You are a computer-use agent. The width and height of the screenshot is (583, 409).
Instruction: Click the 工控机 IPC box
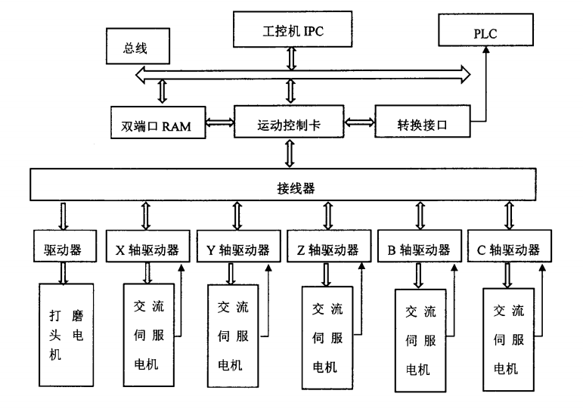(x=288, y=33)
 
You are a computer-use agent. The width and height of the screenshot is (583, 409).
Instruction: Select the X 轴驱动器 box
(x=147, y=247)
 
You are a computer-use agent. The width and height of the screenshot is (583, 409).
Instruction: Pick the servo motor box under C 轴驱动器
(x=508, y=339)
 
